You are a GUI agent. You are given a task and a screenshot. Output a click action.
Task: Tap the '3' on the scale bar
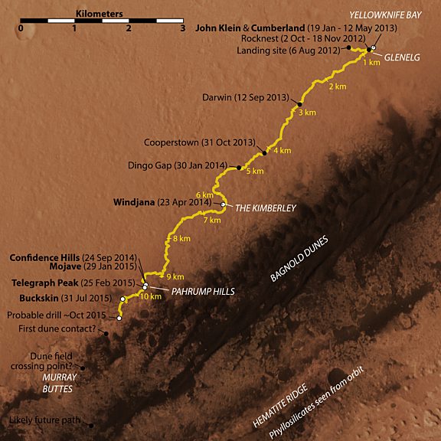point(182,28)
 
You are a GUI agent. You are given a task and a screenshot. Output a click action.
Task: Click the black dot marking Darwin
point(301,104)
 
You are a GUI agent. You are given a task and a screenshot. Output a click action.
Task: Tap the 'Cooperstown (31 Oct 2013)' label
point(198,142)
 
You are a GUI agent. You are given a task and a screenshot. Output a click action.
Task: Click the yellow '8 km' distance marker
point(181,240)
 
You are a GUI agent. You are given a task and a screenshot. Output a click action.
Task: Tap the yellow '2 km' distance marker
point(337,87)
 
